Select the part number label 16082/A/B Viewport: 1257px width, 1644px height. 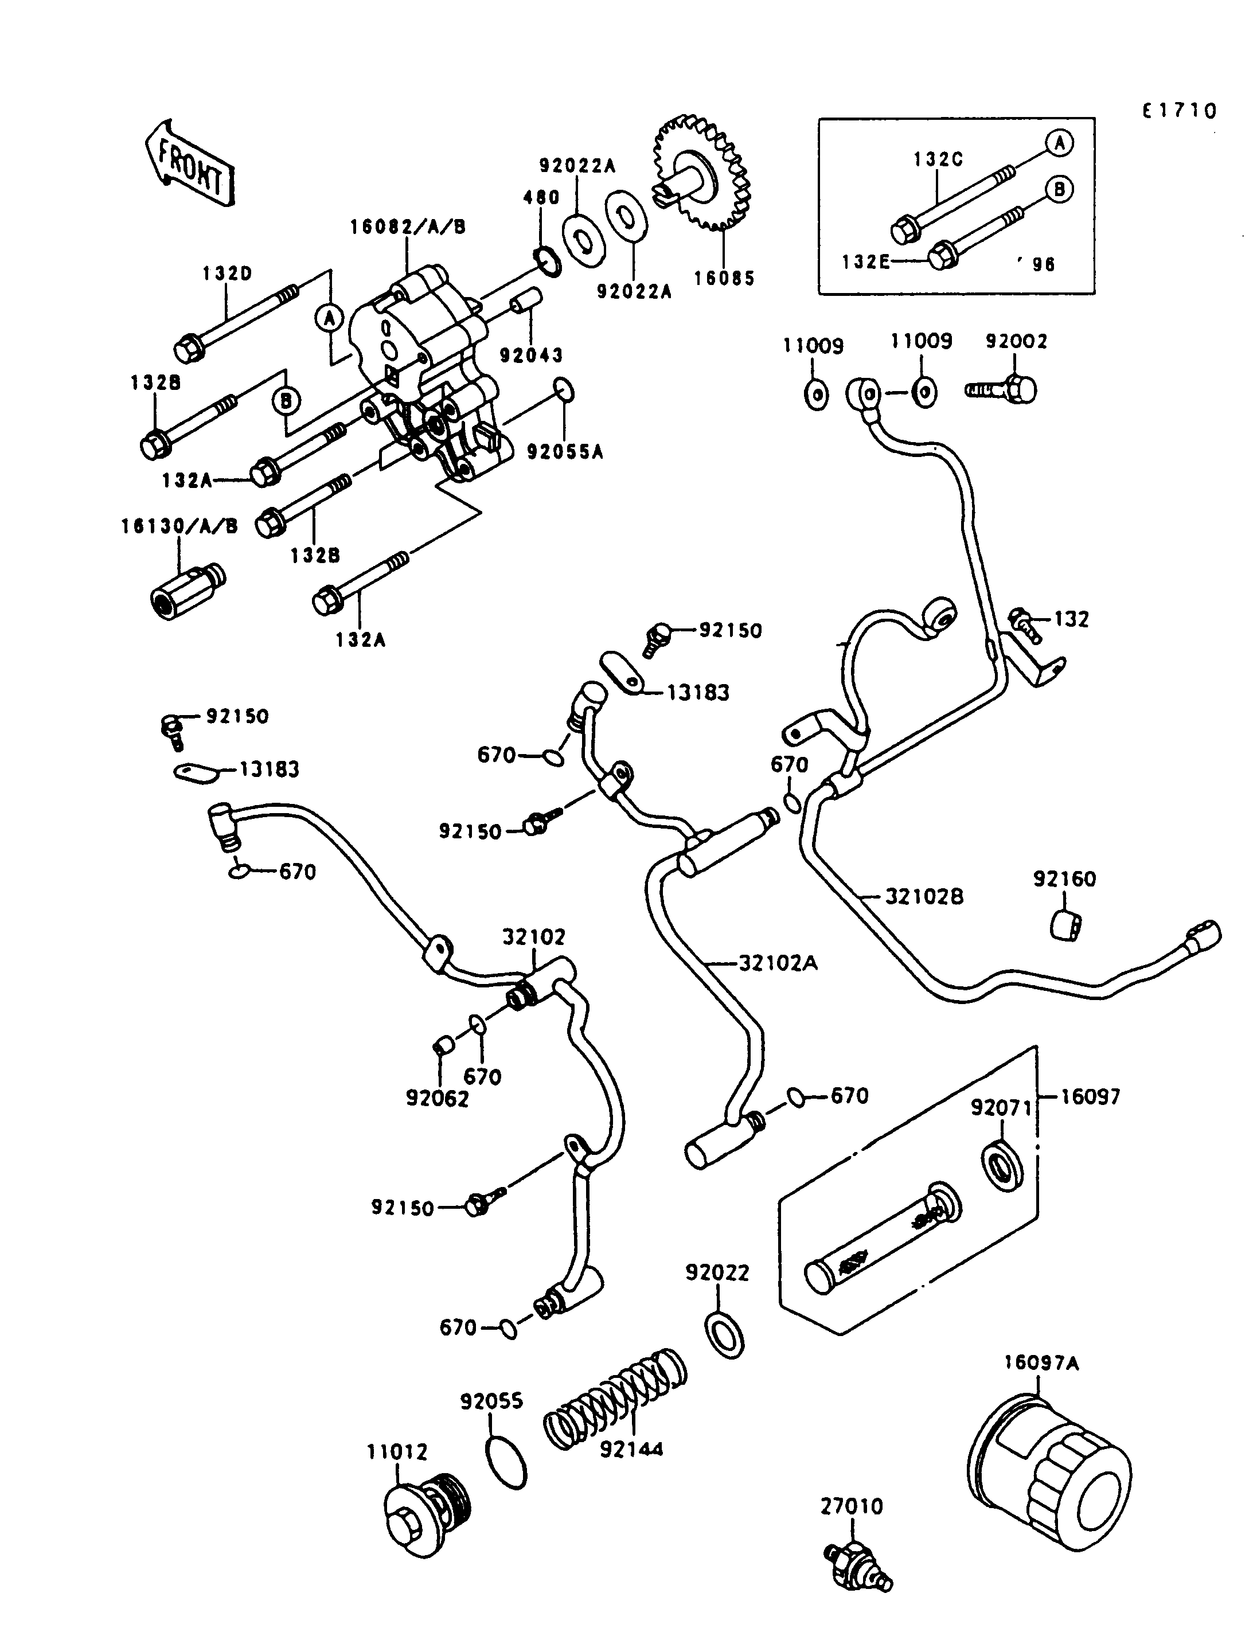pos(408,227)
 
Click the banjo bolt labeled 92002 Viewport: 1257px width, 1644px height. pos(1002,389)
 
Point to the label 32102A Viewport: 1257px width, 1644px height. pos(778,963)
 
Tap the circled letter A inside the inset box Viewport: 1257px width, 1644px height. pos(1059,143)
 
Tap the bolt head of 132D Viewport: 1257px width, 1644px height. pos(186,349)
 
